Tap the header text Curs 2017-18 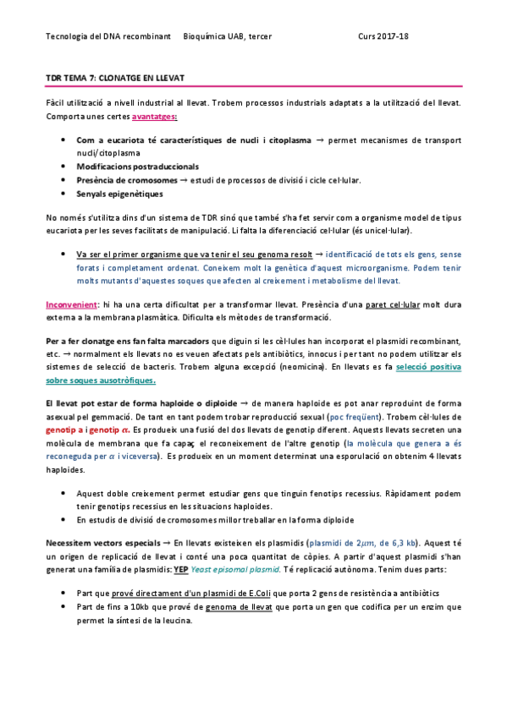point(383,36)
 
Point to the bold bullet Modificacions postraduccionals point(137,167)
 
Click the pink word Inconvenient point(71,304)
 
